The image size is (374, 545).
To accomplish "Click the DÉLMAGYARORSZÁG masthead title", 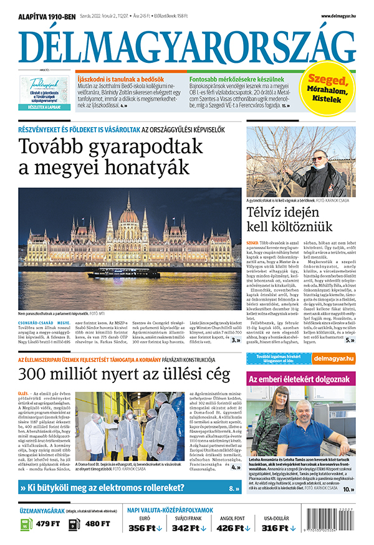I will [x=187, y=44].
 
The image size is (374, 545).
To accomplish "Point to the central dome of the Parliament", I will [x=128, y=215].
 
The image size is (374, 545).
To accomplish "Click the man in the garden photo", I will [x=318, y=171].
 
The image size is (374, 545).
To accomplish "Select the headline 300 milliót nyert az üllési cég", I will [x=125, y=375].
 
